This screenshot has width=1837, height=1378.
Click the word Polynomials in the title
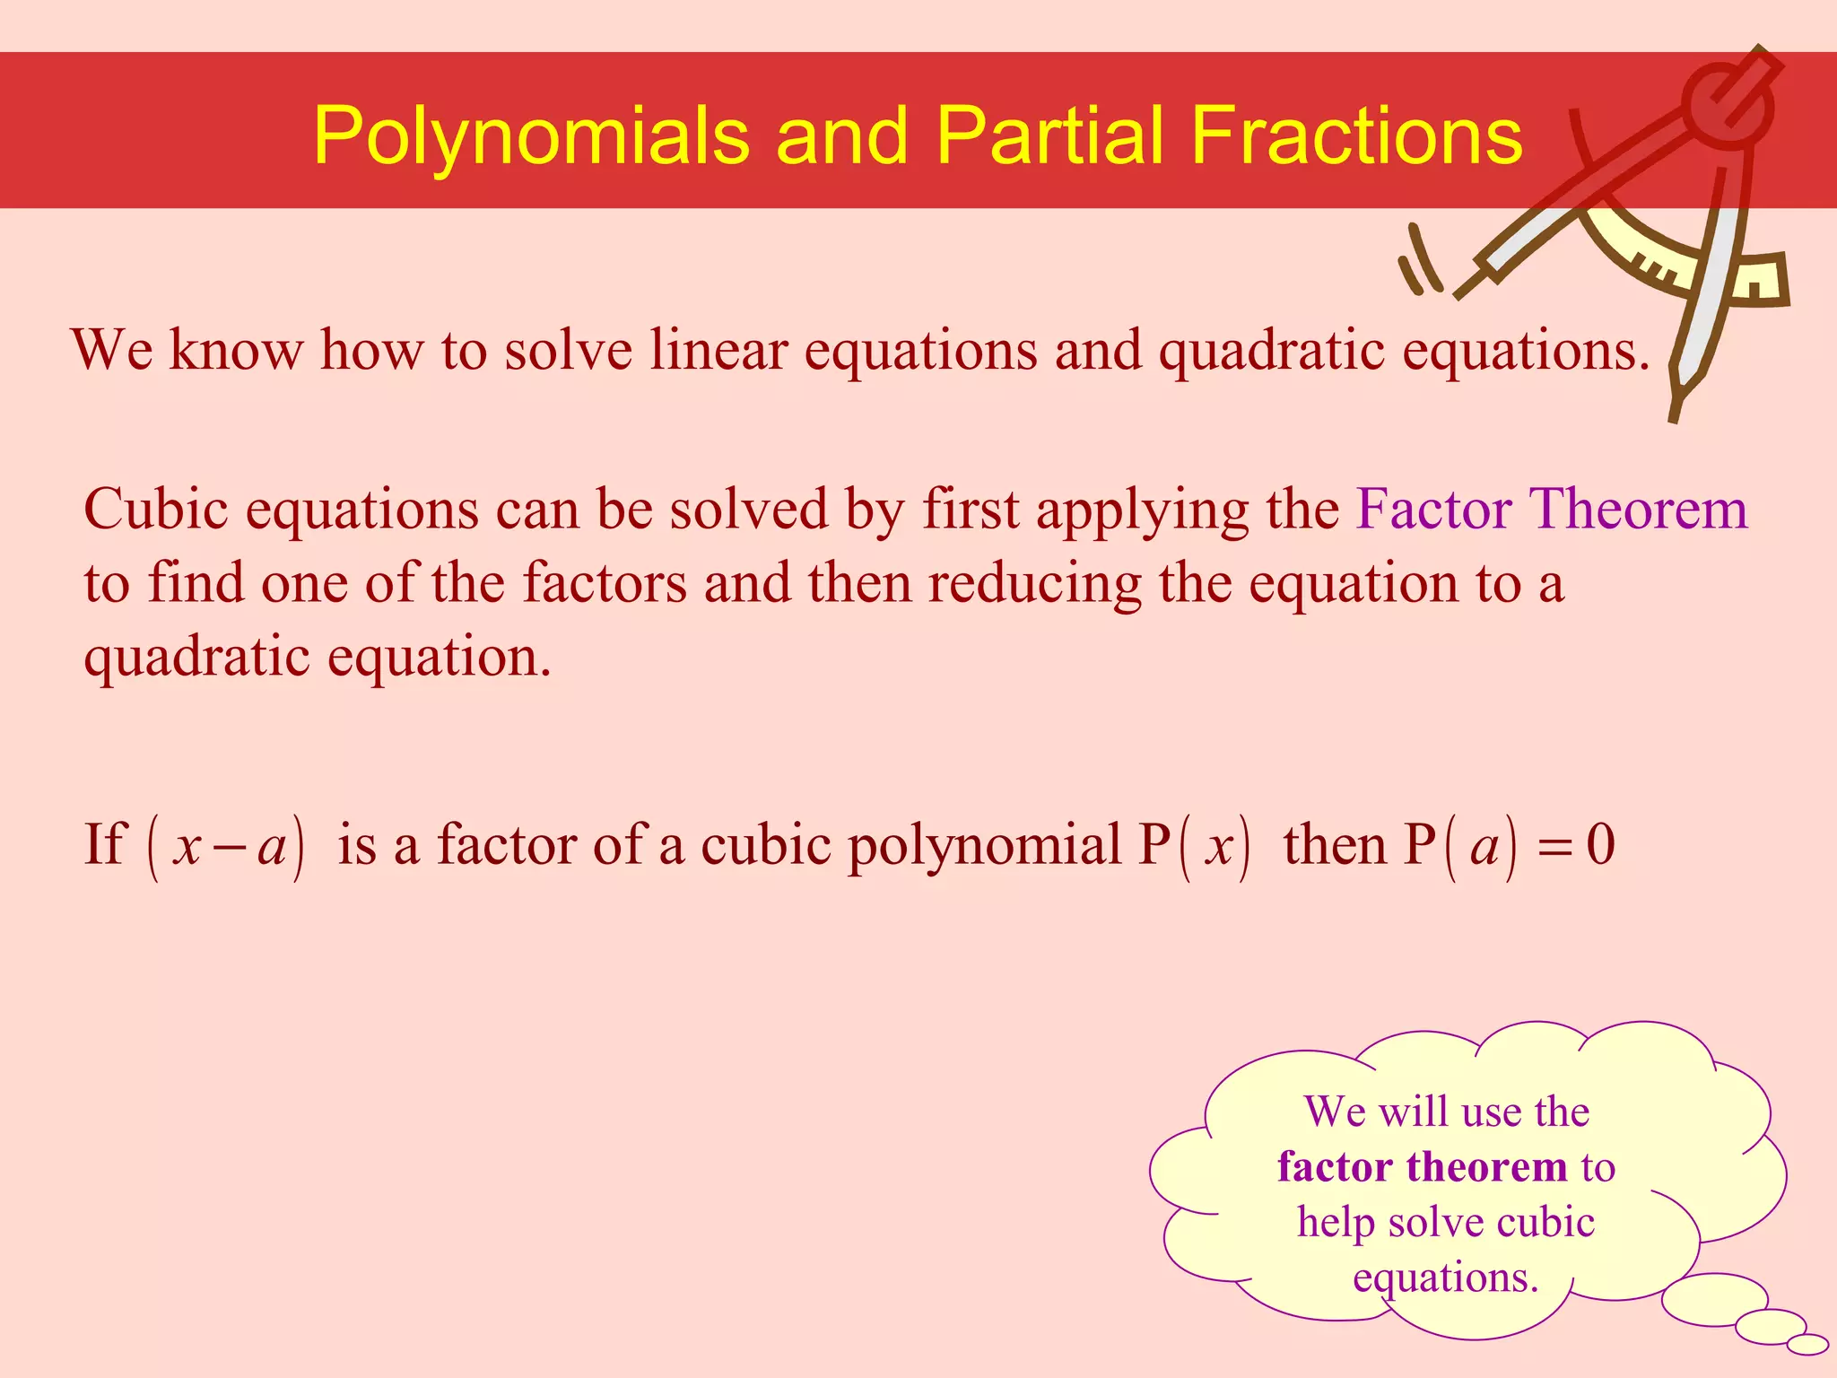531,136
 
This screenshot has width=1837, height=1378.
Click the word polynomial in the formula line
985,845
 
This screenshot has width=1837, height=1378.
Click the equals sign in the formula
1554,847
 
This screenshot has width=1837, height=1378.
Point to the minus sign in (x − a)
231,847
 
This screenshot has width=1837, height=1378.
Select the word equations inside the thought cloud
1445,1278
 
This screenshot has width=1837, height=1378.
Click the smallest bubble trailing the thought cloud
1808,1344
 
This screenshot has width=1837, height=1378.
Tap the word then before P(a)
1336,845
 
